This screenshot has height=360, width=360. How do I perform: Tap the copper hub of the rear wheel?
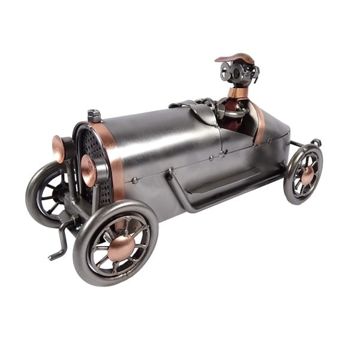pyautogui.click(x=307, y=175)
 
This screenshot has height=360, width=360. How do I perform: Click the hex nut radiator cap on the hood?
pyautogui.click(x=94, y=116)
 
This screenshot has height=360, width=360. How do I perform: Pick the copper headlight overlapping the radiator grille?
pyautogui.click(x=89, y=170)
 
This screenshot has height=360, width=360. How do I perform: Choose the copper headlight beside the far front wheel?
pyautogui.click(x=58, y=149)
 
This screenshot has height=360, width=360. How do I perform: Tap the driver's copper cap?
pyautogui.click(x=235, y=59)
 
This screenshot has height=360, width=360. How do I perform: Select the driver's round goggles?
pyautogui.click(x=234, y=72)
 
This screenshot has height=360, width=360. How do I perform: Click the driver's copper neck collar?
pyautogui.click(x=238, y=92)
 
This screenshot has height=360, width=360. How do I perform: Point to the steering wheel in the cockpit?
pyautogui.click(x=230, y=111)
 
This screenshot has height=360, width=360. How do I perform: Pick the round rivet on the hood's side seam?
pyautogui.click(x=136, y=179)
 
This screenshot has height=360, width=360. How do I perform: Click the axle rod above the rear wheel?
pyautogui.click(x=298, y=144)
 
